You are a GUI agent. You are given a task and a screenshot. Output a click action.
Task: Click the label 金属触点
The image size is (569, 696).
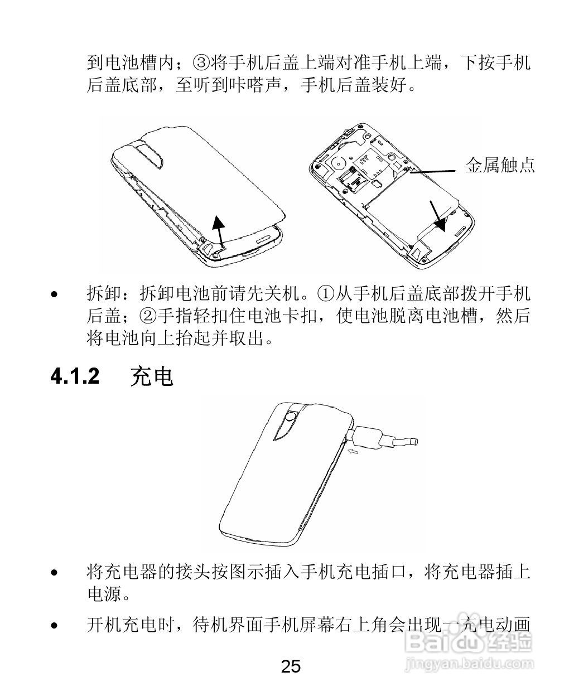(500, 165)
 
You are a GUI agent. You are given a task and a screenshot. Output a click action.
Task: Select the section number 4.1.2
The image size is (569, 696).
(75, 376)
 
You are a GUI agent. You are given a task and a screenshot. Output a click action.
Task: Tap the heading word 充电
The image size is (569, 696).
(151, 377)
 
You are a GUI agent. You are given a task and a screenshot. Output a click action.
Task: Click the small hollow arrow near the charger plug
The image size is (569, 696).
(353, 451)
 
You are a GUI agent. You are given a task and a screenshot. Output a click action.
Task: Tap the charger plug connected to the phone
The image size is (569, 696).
(368, 435)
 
